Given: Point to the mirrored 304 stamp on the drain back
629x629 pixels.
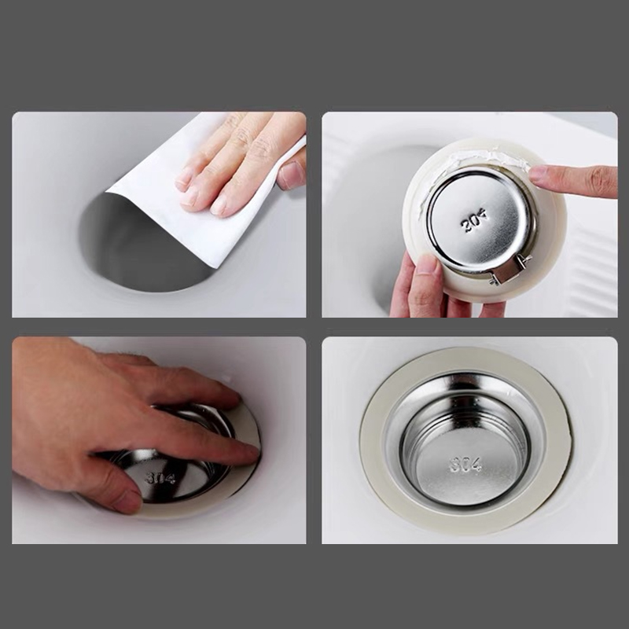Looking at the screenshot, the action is (x=475, y=222).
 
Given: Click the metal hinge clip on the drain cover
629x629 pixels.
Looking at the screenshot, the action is (x=508, y=270).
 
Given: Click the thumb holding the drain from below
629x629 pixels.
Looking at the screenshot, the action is (x=425, y=281).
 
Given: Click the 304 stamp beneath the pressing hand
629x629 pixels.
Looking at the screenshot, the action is (x=160, y=478).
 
